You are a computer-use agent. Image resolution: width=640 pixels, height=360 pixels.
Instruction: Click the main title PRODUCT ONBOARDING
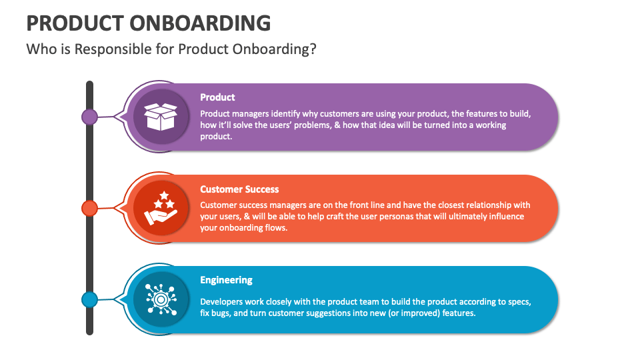pos(148,23)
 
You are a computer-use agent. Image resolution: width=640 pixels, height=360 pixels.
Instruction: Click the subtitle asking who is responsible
pos(171,50)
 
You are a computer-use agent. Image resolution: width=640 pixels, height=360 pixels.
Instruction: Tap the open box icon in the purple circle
pos(161,117)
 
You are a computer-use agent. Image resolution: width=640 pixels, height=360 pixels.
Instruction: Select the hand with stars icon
pos(161,208)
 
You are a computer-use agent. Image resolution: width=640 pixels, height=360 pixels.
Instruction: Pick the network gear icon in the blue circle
pos(161,299)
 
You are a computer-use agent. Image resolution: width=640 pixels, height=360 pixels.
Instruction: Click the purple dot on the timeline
pos(89,117)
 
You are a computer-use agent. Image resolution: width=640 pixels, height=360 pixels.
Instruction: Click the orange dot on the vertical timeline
pos(89,208)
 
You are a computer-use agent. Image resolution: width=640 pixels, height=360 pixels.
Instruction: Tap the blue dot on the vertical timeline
pos(89,299)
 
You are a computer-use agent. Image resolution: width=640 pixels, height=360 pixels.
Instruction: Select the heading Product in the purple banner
pos(217,97)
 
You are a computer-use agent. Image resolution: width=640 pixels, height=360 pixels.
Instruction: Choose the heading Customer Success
pos(239,189)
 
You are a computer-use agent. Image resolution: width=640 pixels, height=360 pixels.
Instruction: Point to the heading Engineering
pos(226,280)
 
